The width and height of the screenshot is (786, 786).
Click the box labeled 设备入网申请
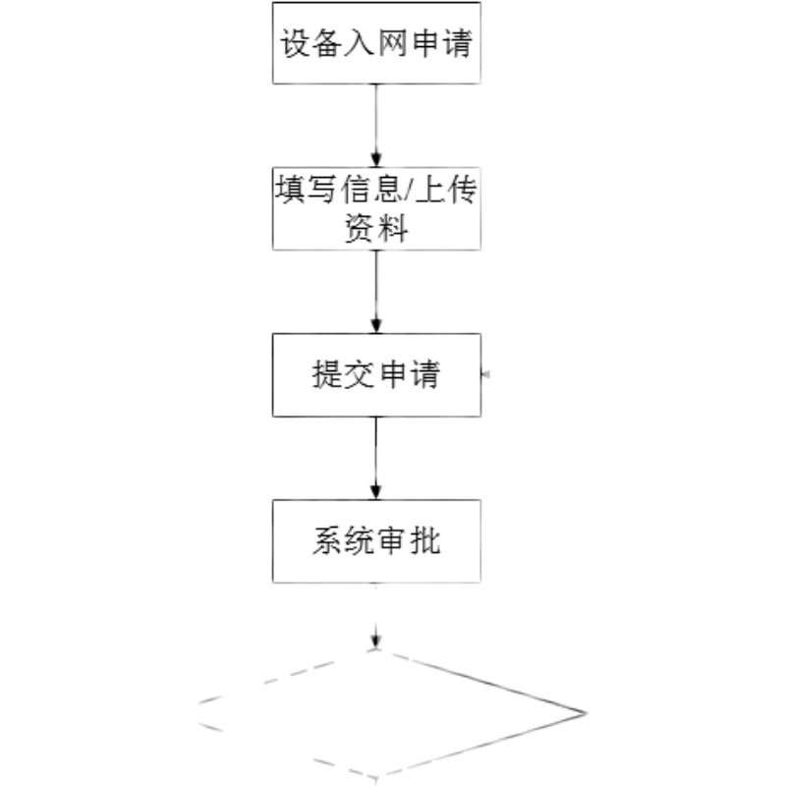click(376, 43)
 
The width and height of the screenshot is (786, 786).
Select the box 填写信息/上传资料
click(376, 208)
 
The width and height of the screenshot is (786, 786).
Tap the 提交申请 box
click(376, 374)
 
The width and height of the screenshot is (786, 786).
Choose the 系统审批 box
click(376, 540)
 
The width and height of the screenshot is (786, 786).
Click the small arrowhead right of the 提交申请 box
click(485, 374)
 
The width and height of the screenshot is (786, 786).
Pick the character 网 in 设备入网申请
click(393, 45)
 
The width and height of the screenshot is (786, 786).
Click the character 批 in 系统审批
click(425, 541)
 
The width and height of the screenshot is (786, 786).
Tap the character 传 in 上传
click(462, 193)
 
